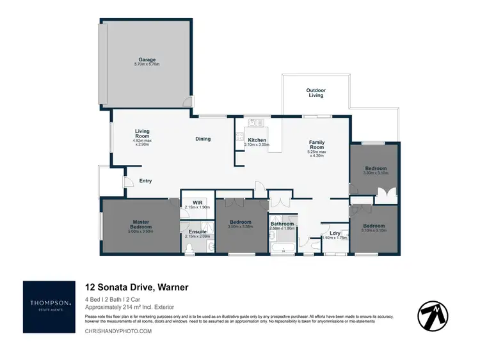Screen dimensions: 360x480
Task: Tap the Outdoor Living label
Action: [316, 93]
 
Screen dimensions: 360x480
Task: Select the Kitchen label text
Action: [257, 139]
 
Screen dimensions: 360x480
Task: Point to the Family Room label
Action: [317, 145]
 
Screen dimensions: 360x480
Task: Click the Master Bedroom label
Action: [141, 224]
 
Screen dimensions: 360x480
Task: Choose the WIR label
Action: [197, 203]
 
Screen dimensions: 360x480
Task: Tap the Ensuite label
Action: [197, 231]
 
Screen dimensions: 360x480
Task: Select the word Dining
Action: [203, 139]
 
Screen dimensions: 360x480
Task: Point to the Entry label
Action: [145, 181]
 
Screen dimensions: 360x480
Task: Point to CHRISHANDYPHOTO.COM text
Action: [118, 331]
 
